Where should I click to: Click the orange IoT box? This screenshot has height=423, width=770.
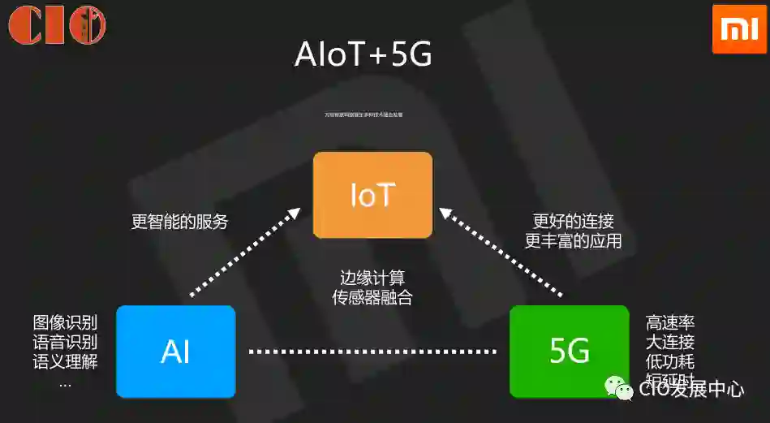[x=372, y=195]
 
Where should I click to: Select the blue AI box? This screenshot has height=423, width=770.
[x=175, y=352]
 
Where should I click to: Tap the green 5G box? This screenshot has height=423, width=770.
[x=569, y=352]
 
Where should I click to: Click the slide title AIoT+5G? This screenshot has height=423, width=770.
[x=363, y=55]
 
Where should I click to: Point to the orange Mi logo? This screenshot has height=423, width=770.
[x=738, y=28]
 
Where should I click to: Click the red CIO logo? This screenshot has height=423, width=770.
[x=57, y=25]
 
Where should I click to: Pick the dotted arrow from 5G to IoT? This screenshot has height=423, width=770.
[x=501, y=251]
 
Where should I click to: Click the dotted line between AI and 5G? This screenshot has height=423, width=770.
[x=372, y=352]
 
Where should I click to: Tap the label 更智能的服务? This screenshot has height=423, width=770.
[x=179, y=222]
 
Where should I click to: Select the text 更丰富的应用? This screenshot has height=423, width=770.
[x=573, y=241]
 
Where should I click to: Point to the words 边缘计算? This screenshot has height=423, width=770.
[x=372, y=277]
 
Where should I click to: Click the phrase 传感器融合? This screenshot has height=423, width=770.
[x=372, y=297]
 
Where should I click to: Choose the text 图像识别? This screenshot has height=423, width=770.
[x=65, y=322]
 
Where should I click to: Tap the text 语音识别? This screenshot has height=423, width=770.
[x=65, y=342]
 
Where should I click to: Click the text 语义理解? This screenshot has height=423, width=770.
[x=65, y=361]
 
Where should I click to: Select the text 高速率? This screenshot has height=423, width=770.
[x=670, y=322]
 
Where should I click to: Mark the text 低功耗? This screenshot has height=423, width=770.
[x=670, y=361]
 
